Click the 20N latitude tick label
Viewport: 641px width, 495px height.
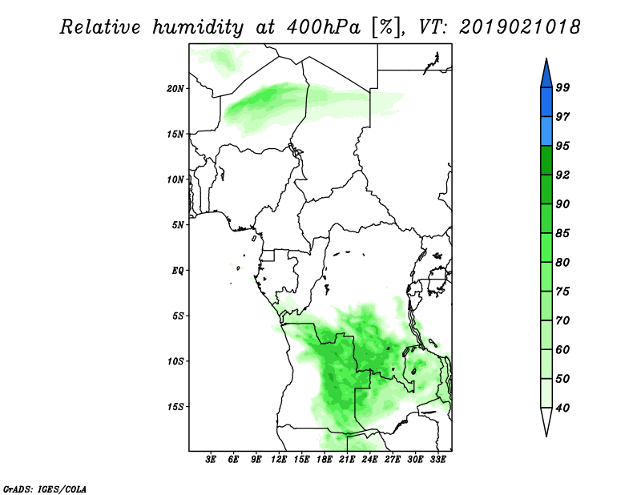coord(175,89)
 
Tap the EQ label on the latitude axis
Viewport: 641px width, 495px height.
coord(178,271)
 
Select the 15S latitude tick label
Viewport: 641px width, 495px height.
coord(175,407)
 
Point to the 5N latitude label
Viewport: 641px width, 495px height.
coord(178,225)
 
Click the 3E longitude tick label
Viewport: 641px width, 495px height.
coord(211,460)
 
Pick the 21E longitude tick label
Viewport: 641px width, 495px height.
coord(347,460)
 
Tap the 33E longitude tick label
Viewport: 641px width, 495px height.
coord(437,460)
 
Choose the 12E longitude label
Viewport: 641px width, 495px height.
coord(279,460)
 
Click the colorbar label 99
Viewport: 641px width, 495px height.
coord(562,87)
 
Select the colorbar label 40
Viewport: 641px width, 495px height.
coord(562,408)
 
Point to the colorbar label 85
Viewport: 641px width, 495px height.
coord(562,233)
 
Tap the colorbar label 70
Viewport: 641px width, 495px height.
coord(562,320)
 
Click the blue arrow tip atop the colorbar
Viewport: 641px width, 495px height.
coord(546,58)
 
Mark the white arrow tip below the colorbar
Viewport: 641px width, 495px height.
coord(546,437)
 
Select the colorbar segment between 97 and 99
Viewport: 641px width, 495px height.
coord(546,103)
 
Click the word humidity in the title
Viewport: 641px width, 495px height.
coord(198,27)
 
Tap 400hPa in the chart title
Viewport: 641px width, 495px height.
coord(324,27)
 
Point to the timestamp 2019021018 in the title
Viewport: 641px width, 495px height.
coord(519,27)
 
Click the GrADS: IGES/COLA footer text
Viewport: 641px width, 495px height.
coord(45,489)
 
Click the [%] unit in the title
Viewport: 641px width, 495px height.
coord(385,27)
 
